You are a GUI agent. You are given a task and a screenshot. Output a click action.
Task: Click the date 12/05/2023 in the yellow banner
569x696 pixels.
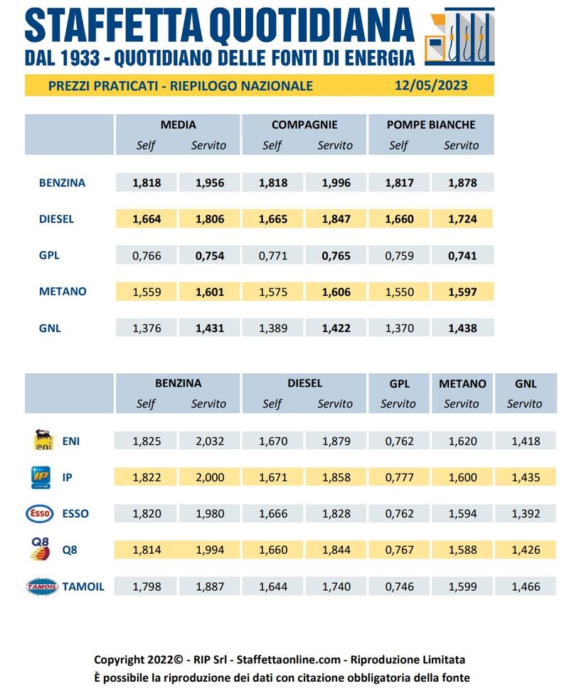pos(431,85)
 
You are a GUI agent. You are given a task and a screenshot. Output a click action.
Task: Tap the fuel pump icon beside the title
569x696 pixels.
pos(459,36)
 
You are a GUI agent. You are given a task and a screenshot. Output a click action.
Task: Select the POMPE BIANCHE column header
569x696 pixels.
pos(431,124)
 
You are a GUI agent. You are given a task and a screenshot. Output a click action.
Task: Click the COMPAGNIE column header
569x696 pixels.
pos(304,124)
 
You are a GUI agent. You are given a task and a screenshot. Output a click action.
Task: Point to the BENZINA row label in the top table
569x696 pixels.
pos(62,183)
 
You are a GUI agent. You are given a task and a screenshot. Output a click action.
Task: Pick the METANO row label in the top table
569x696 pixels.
pos(63,291)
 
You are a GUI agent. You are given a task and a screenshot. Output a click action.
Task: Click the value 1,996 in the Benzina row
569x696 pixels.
pos(336,183)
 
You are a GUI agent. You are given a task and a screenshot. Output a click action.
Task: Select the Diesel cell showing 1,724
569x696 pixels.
pos(462,219)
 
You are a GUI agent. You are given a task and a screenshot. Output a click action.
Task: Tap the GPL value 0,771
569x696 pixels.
pos(273,256)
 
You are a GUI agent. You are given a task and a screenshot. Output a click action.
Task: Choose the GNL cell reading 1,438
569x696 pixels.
pos(462,328)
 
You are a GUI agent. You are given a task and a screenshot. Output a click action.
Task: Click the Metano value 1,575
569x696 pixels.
pos(273,292)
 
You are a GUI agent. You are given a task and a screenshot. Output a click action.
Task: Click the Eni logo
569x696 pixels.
pos(43,440)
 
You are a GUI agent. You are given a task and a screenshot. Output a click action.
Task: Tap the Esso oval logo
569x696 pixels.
pos(40,513)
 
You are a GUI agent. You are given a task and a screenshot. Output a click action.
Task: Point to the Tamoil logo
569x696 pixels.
pos(42,587)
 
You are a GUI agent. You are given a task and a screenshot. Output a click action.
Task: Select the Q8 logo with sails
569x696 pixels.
pos(40,549)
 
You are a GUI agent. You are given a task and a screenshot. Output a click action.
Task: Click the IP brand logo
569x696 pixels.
pos(41,477)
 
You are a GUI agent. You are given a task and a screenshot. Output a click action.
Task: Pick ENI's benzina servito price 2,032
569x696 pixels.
pos(210,441)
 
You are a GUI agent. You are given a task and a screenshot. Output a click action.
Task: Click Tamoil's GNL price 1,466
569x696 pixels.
pos(526,587)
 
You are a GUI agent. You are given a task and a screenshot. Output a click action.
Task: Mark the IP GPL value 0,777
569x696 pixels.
pos(399,478)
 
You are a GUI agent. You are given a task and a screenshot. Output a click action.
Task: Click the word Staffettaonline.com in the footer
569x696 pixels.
pos(289,660)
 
